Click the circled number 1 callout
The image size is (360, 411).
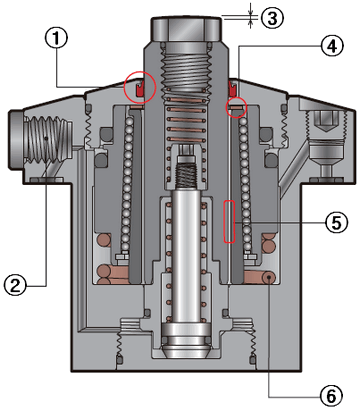click(x=56, y=39)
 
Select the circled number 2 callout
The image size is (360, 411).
click(x=15, y=286)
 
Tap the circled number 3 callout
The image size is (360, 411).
click(x=272, y=18)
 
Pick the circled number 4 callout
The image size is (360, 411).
click(x=332, y=46)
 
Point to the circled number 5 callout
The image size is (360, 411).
click(x=336, y=222)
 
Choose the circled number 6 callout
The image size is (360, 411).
click(x=331, y=397)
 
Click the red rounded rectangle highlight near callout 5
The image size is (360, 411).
click(x=229, y=221)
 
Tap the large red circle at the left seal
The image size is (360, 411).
click(x=140, y=87)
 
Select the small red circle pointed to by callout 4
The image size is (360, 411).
click(x=236, y=107)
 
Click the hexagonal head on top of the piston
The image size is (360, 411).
click(x=186, y=30)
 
